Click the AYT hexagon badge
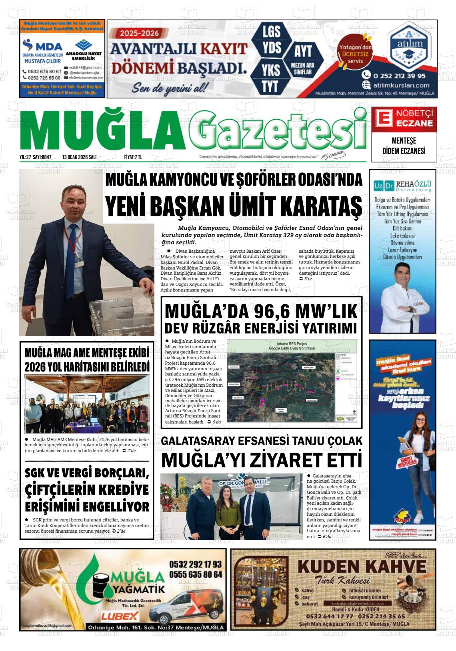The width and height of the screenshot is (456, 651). click(x=302, y=51)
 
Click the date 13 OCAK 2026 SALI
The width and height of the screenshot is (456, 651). click(x=79, y=158)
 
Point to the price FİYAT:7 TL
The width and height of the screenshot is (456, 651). click(x=133, y=158)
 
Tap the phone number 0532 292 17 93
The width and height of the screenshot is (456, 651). click(x=195, y=564)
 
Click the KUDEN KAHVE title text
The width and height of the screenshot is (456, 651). click(x=362, y=567)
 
